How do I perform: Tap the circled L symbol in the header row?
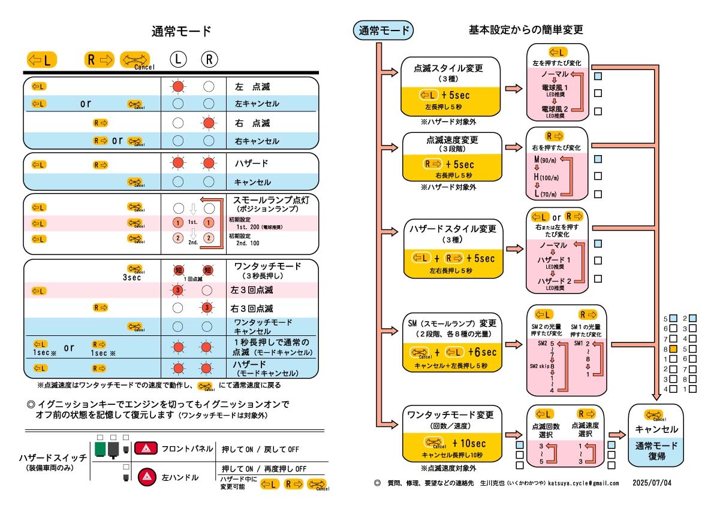(x=178, y=59)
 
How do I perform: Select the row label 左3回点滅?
(x=252, y=290)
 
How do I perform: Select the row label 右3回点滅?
(x=252, y=309)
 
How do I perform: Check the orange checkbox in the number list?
(x=674, y=349)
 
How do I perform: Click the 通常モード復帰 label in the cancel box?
(x=656, y=451)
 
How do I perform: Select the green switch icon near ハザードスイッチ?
(x=99, y=449)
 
